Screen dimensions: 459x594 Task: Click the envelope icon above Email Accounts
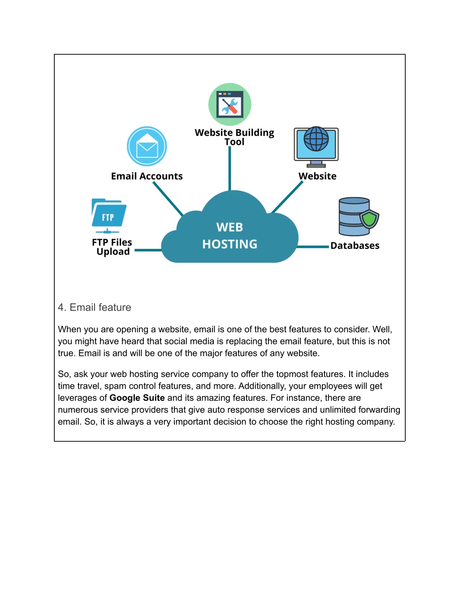147,146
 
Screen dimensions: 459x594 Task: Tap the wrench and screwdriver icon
230,104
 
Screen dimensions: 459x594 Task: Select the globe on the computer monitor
316,139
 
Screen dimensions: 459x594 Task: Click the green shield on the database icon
369,219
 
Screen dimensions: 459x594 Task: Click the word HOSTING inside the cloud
230,244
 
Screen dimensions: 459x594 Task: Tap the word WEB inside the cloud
229,227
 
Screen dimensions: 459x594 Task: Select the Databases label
355,246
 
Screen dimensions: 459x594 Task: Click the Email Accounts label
147,176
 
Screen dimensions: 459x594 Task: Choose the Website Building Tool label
234,137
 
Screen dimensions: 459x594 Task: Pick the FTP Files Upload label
113,247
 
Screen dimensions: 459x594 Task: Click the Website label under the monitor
317,176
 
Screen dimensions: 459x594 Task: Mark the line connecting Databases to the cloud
313,247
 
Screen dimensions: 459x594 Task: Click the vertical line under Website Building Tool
230,169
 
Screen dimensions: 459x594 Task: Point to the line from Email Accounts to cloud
168,199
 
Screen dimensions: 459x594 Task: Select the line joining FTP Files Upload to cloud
148,250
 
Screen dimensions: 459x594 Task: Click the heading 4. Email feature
95,308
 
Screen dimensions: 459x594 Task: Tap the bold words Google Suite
137,398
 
